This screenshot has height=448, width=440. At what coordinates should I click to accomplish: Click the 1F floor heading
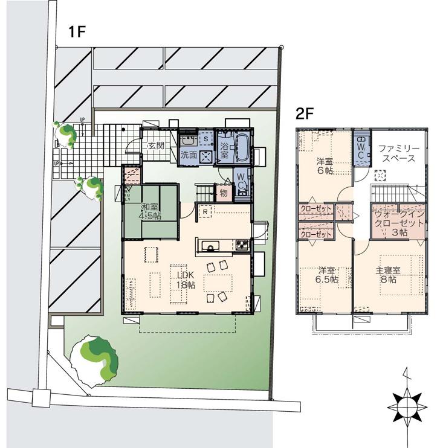point(79,33)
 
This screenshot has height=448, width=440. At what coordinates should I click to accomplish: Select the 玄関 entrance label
point(157,146)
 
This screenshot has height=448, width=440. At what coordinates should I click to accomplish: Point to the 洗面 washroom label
point(189,155)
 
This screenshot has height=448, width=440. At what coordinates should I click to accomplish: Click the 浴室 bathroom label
point(224,150)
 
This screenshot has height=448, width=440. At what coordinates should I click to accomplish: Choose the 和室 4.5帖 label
point(150,211)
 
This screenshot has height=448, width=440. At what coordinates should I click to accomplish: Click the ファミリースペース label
point(396,153)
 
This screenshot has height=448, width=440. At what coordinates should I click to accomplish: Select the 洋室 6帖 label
point(325,165)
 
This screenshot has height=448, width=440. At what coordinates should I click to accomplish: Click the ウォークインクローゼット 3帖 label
point(395,223)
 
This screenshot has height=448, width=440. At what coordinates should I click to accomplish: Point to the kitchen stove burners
point(242,245)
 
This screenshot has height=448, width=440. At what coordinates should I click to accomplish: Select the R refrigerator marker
point(206,213)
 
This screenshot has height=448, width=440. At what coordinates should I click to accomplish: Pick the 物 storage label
point(223,193)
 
